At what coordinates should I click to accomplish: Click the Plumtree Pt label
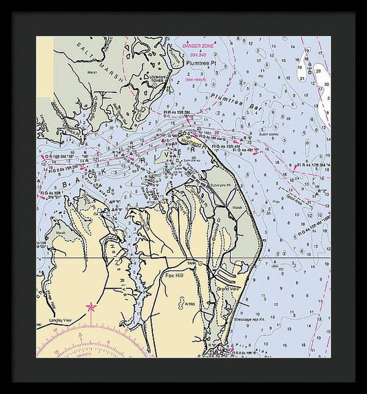tap(200, 63)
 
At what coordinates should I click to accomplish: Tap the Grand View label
tap(227, 289)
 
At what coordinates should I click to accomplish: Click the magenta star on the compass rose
tap(90, 307)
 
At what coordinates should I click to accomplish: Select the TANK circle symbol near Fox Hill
tap(201, 263)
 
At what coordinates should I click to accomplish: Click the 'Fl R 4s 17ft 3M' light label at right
tap(311, 165)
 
